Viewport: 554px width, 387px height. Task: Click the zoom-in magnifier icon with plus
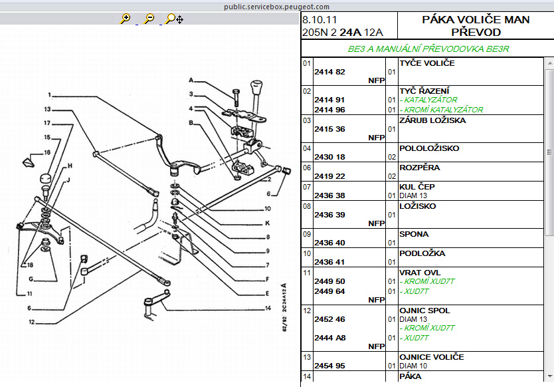125,19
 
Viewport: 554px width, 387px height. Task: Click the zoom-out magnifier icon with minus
149,19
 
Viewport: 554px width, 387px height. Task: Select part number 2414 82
329,72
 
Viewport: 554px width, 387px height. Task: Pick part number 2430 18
329,157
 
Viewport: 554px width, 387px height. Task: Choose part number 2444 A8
329,338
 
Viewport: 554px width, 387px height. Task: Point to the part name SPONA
414,234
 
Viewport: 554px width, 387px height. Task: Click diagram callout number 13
48,109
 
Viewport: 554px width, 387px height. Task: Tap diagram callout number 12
31,322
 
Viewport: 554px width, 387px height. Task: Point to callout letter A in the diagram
191,80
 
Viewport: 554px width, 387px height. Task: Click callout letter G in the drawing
31,279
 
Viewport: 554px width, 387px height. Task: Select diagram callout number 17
48,123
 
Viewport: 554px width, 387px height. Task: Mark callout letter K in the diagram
267,223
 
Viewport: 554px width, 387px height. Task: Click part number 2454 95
329,366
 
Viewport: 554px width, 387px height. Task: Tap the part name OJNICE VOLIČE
431,357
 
